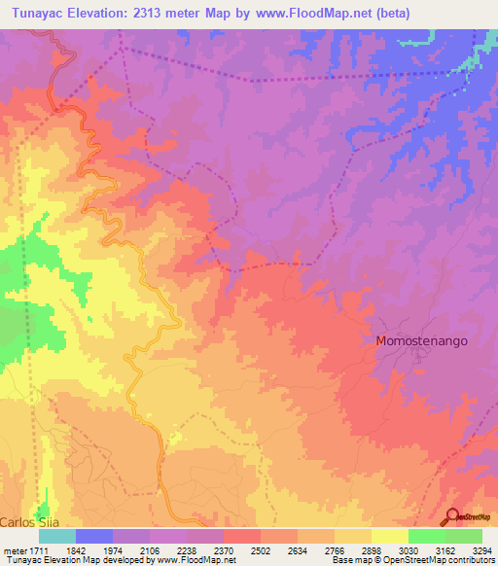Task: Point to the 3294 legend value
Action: click(482, 549)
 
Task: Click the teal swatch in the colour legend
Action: click(57, 536)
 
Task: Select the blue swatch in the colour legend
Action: click(94, 536)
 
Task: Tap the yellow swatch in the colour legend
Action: click(390, 536)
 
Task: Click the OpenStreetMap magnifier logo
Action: click(450, 516)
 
